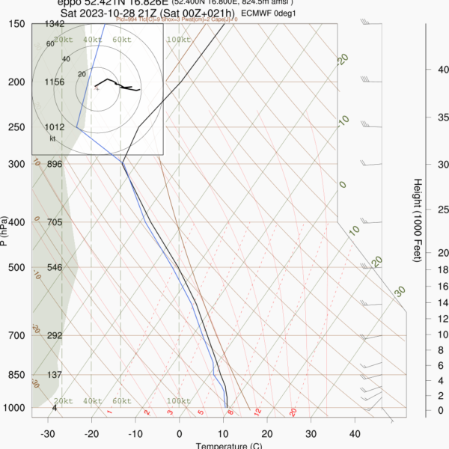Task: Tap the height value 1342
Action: (x=55, y=25)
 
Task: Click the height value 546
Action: (x=55, y=267)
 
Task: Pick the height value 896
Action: (x=55, y=164)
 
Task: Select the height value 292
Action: (x=55, y=336)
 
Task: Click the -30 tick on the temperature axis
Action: (x=48, y=434)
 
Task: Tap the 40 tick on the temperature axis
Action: (x=355, y=434)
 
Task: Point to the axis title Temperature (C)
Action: (x=227, y=445)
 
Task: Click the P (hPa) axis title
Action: (x=5, y=231)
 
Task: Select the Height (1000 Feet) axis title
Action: (x=416, y=220)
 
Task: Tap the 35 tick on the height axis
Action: (x=442, y=117)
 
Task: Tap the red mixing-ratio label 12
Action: (x=257, y=412)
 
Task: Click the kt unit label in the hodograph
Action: (x=53, y=138)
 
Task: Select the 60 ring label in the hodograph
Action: (x=50, y=44)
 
